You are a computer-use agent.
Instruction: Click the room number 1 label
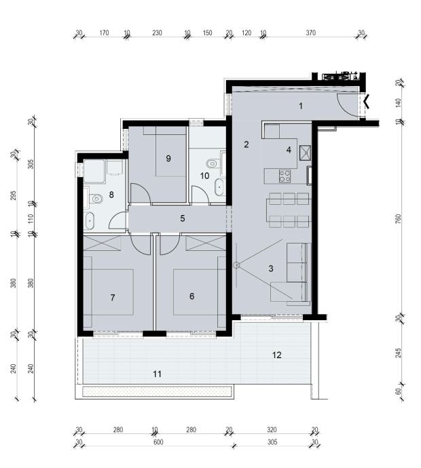[301, 106]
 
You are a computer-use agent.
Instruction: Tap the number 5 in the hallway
[183, 218]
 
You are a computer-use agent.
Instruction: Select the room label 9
[168, 159]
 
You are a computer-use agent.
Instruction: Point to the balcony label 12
[277, 355]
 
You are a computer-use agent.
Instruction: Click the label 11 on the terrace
[157, 374]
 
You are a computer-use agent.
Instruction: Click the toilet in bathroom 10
[213, 163]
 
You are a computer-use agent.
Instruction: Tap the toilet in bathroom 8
[96, 198]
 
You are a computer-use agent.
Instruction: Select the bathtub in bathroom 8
[90, 220]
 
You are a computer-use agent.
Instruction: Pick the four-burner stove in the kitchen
[285, 176]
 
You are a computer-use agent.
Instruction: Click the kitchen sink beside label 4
[305, 153]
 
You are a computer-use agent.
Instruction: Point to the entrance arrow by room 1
[367, 101]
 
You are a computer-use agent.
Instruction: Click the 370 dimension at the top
[311, 33]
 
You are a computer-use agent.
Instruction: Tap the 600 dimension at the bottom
[158, 442]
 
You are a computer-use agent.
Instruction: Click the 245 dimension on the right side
[399, 353]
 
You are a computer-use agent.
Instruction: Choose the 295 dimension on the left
[13, 195]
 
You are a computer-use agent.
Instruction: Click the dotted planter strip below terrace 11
[157, 391]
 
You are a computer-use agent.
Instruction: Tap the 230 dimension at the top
[157, 33]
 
